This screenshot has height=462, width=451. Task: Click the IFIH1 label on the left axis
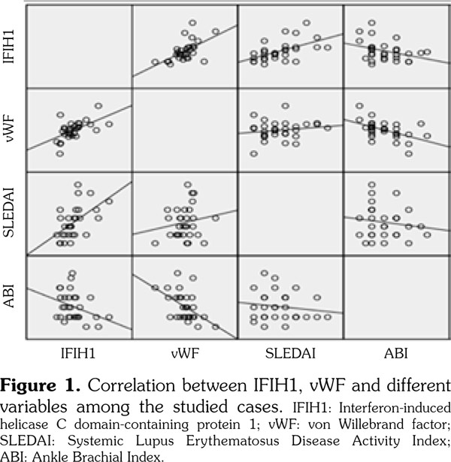[x=11, y=47]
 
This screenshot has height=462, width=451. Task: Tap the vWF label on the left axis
[x=11, y=130]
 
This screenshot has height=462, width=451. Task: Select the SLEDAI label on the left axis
[x=11, y=214]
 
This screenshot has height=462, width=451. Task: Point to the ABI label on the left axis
[x=11, y=298]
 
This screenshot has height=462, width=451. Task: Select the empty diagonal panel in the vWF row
[x=184, y=130]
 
